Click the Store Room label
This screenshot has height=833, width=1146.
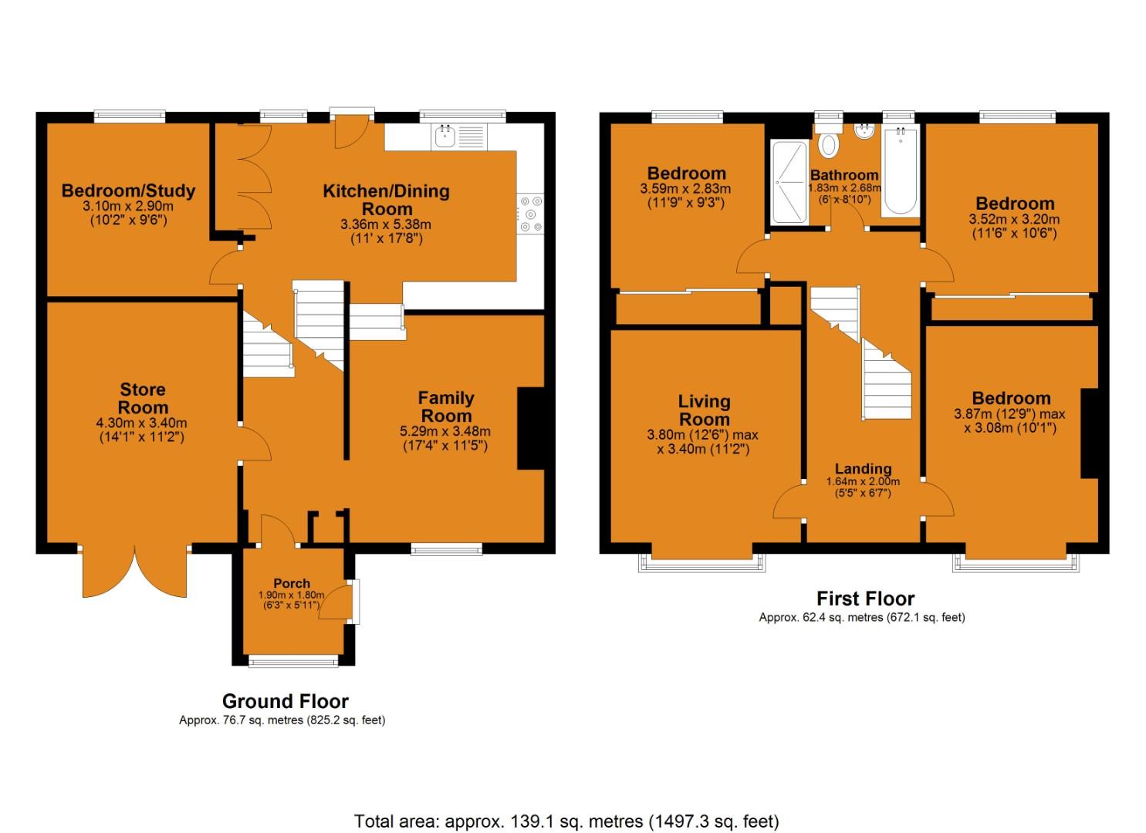coord(143,399)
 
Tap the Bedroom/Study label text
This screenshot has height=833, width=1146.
coord(128,191)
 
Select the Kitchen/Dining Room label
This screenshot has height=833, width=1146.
coord(386,200)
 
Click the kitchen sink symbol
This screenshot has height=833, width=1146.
coord(445,137)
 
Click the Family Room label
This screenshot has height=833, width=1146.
coord(445,406)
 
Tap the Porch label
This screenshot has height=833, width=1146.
coord(292,583)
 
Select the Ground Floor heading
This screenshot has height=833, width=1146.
coord(285,701)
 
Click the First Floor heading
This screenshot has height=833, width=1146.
coord(865,599)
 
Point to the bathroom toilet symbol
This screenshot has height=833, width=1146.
coord(830,144)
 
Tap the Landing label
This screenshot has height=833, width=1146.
coord(863,468)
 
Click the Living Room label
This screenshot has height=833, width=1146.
coord(704,410)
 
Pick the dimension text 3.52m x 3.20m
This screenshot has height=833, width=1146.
coord(1014,219)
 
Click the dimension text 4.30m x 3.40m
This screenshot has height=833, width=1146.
coord(143,423)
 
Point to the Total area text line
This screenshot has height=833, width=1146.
coord(566,821)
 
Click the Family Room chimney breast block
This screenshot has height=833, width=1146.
coord(530,428)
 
